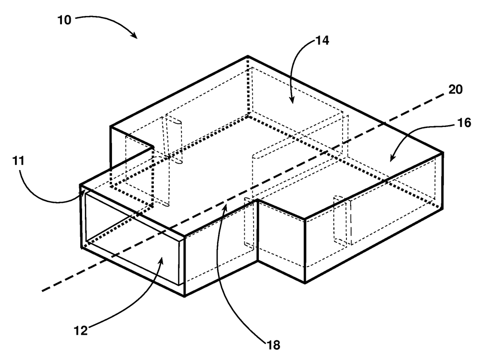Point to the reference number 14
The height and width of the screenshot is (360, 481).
[322, 40]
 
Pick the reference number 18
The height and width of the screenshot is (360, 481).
[273, 345]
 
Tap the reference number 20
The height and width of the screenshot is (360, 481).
[455, 90]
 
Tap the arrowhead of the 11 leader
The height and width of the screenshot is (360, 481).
[85, 190]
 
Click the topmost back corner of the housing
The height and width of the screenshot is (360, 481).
[248, 57]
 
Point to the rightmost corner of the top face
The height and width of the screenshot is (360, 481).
[443, 152]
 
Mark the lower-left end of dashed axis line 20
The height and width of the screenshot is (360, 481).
[43, 291]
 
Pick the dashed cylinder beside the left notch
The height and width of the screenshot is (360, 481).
[172, 141]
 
